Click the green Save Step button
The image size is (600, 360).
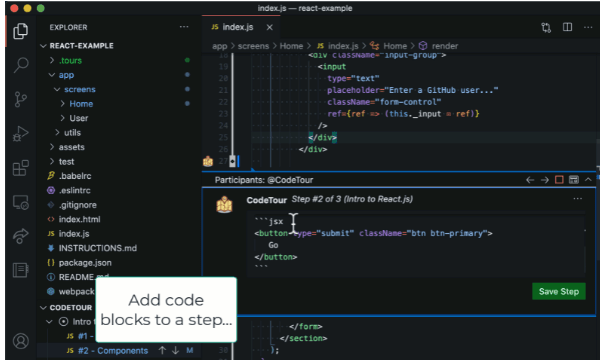click(x=558, y=292)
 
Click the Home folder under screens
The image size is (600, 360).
click(x=81, y=103)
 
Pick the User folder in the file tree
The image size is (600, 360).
click(x=79, y=118)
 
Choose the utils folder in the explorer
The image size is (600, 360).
click(x=72, y=132)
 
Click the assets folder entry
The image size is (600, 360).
click(x=72, y=147)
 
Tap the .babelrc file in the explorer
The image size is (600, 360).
click(x=76, y=175)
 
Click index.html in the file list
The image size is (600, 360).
click(x=79, y=219)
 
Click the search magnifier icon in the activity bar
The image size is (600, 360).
click(x=20, y=66)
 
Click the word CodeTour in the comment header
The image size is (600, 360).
click(x=266, y=200)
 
